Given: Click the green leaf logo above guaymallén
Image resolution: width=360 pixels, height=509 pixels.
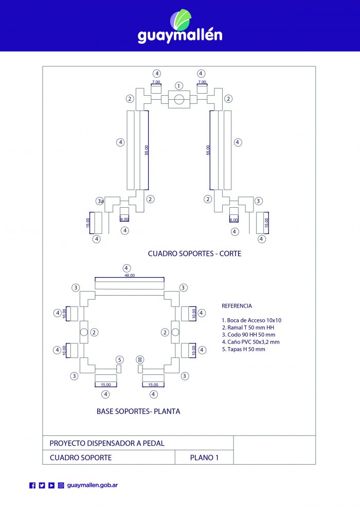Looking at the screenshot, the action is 181,20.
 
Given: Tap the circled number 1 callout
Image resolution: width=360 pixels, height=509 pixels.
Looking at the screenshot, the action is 179,86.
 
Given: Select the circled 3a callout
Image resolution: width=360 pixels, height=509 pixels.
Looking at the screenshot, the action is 100,201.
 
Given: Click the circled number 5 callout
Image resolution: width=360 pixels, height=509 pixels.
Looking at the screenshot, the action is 120,360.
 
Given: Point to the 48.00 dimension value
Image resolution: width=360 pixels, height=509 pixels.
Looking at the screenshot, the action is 130,275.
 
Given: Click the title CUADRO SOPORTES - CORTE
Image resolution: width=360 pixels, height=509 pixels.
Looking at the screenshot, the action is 194,253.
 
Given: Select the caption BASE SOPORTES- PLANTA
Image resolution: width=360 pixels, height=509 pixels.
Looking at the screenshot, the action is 138,411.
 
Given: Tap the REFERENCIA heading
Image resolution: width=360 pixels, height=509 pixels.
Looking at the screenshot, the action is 237,306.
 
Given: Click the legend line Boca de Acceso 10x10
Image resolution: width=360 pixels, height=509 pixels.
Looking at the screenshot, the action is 251,320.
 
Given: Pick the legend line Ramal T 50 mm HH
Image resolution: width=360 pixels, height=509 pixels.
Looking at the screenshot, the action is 248,328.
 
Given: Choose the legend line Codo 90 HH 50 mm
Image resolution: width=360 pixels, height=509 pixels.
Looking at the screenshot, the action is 248,335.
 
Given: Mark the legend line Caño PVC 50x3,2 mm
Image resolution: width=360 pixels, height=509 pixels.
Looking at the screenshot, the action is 250,342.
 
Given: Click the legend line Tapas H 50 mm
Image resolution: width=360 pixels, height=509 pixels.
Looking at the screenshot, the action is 243,349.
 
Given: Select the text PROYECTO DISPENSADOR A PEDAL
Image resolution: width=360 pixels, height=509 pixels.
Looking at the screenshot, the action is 107,443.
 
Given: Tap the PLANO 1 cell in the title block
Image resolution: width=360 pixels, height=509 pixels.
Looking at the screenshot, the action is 204,458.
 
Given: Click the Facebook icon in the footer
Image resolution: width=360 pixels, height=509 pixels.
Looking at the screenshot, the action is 32,485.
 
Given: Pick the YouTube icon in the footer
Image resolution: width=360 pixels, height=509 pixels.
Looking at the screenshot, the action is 51,485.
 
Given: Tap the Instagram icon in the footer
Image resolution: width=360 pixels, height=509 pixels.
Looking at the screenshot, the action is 61,485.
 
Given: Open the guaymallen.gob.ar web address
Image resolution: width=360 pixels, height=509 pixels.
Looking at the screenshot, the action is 93,485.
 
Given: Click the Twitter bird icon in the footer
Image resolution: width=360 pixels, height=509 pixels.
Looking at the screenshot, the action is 42,485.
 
